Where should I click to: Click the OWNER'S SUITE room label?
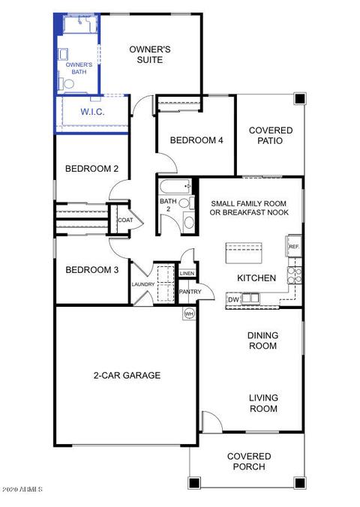[150, 55]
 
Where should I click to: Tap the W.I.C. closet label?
[92, 112]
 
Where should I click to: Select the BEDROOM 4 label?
[196, 140]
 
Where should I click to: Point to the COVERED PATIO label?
[271, 136]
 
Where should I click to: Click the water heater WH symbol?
[189, 313]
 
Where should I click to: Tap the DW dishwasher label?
[233, 300]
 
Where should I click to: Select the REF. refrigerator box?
[294, 247]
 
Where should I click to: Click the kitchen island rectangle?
[244, 253]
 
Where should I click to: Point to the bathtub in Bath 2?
[175, 187]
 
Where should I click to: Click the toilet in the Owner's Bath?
[67, 84]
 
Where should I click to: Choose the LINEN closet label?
[187, 273]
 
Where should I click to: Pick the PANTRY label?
[190, 292]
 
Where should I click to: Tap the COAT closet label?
[125, 220]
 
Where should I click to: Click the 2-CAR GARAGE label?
[127, 375]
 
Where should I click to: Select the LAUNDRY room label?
[143, 284]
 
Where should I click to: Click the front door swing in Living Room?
[211, 421]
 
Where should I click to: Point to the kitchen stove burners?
[295, 274]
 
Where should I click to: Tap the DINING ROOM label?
[262, 340]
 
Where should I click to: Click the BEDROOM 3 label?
[91, 270]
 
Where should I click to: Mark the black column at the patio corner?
[300, 98]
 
